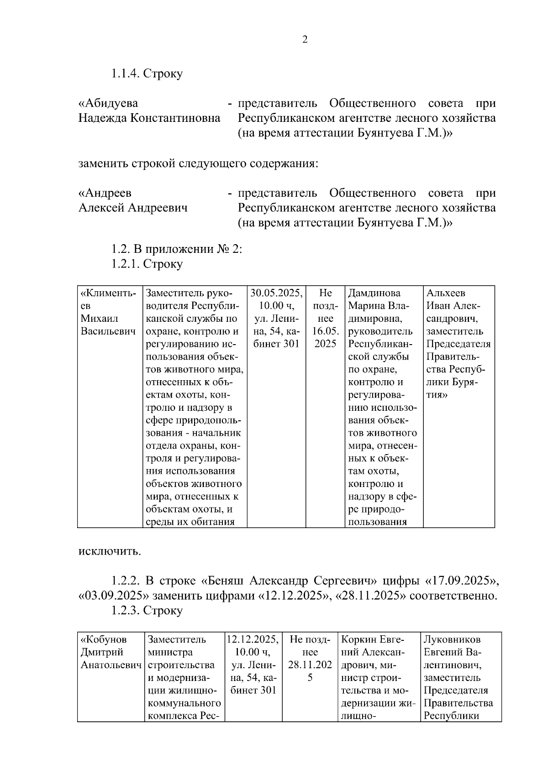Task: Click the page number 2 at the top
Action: pos(305,40)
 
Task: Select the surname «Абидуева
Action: pos(108,104)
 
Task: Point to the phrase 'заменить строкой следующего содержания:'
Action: pos(198,163)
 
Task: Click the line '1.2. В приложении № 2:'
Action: pos(177,249)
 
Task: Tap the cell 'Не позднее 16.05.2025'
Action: pos(325,318)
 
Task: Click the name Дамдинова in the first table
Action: pos(374,293)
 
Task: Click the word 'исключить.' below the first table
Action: pos(110,551)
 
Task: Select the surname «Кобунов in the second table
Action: pos(104,639)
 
